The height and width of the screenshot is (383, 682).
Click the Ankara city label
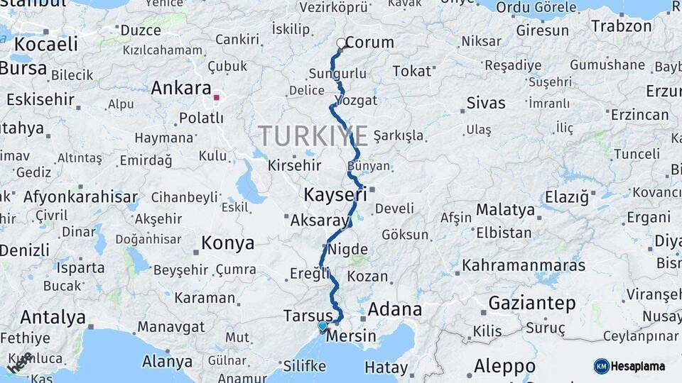click(x=180, y=89)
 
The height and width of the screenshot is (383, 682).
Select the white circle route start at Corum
click(x=341, y=43)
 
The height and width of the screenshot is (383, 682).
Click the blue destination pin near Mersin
click(x=323, y=326)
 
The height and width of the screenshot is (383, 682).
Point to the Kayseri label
click(x=335, y=194)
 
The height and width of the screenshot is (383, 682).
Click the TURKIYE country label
click(x=313, y=135)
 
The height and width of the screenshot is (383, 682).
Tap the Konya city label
click(x=227, y=243)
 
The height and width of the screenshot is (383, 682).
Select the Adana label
click(x=394, y=310)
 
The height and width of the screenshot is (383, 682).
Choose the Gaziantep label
click(x=532, y=304)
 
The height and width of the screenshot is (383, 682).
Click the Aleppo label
click(x=504, y=367)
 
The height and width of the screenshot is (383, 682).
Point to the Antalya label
click(x=53, y=317)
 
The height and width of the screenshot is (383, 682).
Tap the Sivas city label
click(x=486, y=104)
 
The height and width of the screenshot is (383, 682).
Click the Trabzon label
click(x=621, y=26)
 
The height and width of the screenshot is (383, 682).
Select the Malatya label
click(x=505, y=210)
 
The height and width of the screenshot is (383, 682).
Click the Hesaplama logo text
click(x=638, y=366)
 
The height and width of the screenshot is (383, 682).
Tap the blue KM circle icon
click(x=601, y=366)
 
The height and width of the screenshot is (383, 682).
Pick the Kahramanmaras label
click(x=524, y=266)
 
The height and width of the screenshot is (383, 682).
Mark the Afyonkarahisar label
click(x=80, y=196)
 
